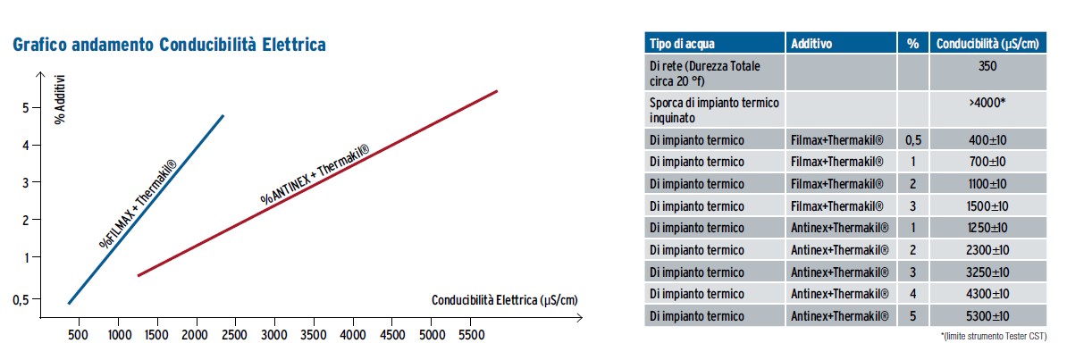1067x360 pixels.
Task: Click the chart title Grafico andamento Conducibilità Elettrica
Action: click(169, 44)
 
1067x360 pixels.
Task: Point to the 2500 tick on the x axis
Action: click(235, 334)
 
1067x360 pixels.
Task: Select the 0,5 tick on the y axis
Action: click(21, 300)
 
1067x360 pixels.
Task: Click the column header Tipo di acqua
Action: click(682, 43)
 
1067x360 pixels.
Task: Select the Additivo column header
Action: click(811, 43)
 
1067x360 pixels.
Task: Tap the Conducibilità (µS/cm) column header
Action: click(987, 43)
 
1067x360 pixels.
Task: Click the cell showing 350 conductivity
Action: click(987, 65)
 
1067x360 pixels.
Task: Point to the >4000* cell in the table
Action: click(987, 102)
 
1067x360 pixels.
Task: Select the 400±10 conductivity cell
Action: click(987, 139)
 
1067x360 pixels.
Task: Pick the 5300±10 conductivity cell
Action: click(987, 315)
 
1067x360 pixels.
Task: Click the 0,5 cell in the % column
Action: click(912, 139)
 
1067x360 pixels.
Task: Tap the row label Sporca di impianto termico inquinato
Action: click(714, 109)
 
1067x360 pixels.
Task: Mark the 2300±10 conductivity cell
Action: click(987, 249)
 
